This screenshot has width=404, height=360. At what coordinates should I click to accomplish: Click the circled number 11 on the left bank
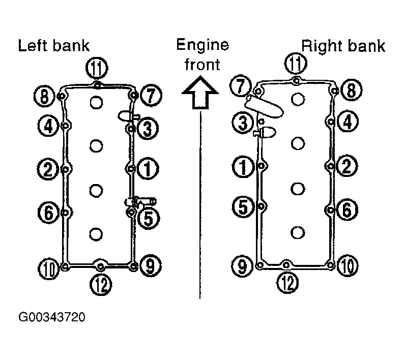(x=97, y=68)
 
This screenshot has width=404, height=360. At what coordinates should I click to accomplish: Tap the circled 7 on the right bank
(x=241, y=86)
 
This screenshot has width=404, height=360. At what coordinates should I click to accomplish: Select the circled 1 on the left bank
(x=148, y=169)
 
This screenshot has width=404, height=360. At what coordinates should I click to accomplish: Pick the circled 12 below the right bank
(x=287, y=283)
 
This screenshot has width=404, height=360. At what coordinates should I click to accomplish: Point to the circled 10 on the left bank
(x=49, y=269)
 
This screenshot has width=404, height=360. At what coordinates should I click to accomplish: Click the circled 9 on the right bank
(x=242, y=266)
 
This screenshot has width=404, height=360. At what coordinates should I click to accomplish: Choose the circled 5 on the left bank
(x=149, y=218)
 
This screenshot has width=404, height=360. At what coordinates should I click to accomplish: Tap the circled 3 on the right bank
(x=243, y=123)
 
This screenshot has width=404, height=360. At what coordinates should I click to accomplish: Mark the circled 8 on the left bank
(x=45, y=97)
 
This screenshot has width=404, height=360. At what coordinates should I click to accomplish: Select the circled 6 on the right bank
(x=347, y=209)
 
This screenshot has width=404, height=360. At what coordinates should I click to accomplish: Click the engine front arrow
(x=200, y=93)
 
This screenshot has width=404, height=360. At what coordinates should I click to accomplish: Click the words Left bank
(x=53, y=46)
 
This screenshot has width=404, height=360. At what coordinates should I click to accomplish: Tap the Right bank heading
(x=343, y=46)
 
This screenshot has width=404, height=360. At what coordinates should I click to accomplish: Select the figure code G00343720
(x=51, y=317)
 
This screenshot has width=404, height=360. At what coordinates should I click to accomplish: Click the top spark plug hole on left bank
(x=96, y=102)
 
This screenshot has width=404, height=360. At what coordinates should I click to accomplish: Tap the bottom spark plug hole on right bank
(x=298, y=232)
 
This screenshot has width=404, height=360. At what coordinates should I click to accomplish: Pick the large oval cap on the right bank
(x=264, y=106)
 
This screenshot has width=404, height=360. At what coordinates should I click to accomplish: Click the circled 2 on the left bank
(x=48, y=169)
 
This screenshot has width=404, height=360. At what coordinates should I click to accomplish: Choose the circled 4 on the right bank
(x=348, y=122)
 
